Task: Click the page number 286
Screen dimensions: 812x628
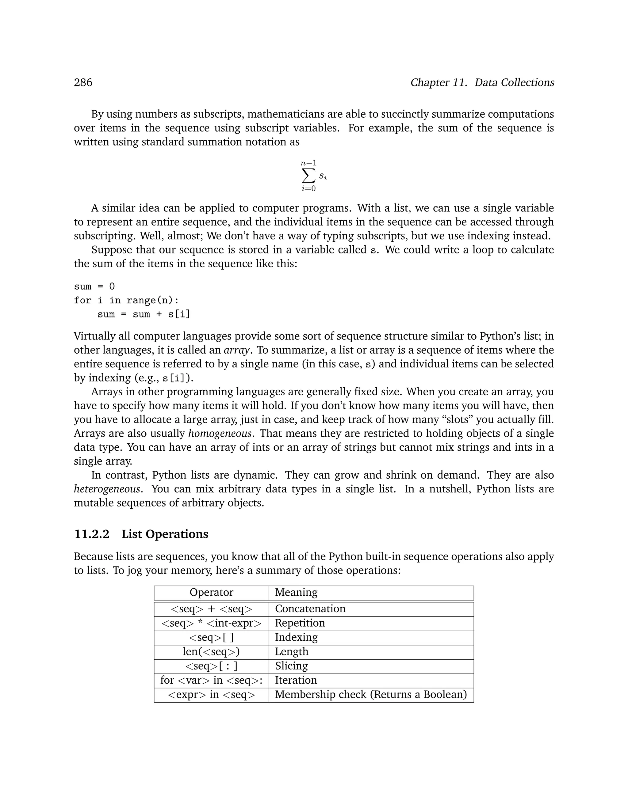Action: coord(83,82)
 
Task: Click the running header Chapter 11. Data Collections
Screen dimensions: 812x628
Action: coord(482,82)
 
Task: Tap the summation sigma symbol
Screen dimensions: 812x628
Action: coord(308,176)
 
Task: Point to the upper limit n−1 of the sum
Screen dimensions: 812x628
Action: coord(308,163)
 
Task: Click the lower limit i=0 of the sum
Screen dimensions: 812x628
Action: coord(308,188)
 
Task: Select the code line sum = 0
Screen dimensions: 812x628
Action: coord(94,286)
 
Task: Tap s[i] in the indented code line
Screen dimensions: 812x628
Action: coord(179,314)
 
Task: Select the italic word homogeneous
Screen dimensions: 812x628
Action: coord(220,434)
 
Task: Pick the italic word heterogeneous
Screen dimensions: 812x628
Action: coord(107,489)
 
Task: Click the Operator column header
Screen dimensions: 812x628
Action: coord(211,592)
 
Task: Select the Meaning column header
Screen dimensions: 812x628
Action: coord(296,592)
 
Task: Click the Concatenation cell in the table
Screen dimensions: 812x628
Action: coord(310,609)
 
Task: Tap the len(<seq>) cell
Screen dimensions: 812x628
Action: coord(211,651)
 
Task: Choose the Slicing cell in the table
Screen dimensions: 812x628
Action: coord(291,666)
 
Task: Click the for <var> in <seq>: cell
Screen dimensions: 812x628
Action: coord(211,680)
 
